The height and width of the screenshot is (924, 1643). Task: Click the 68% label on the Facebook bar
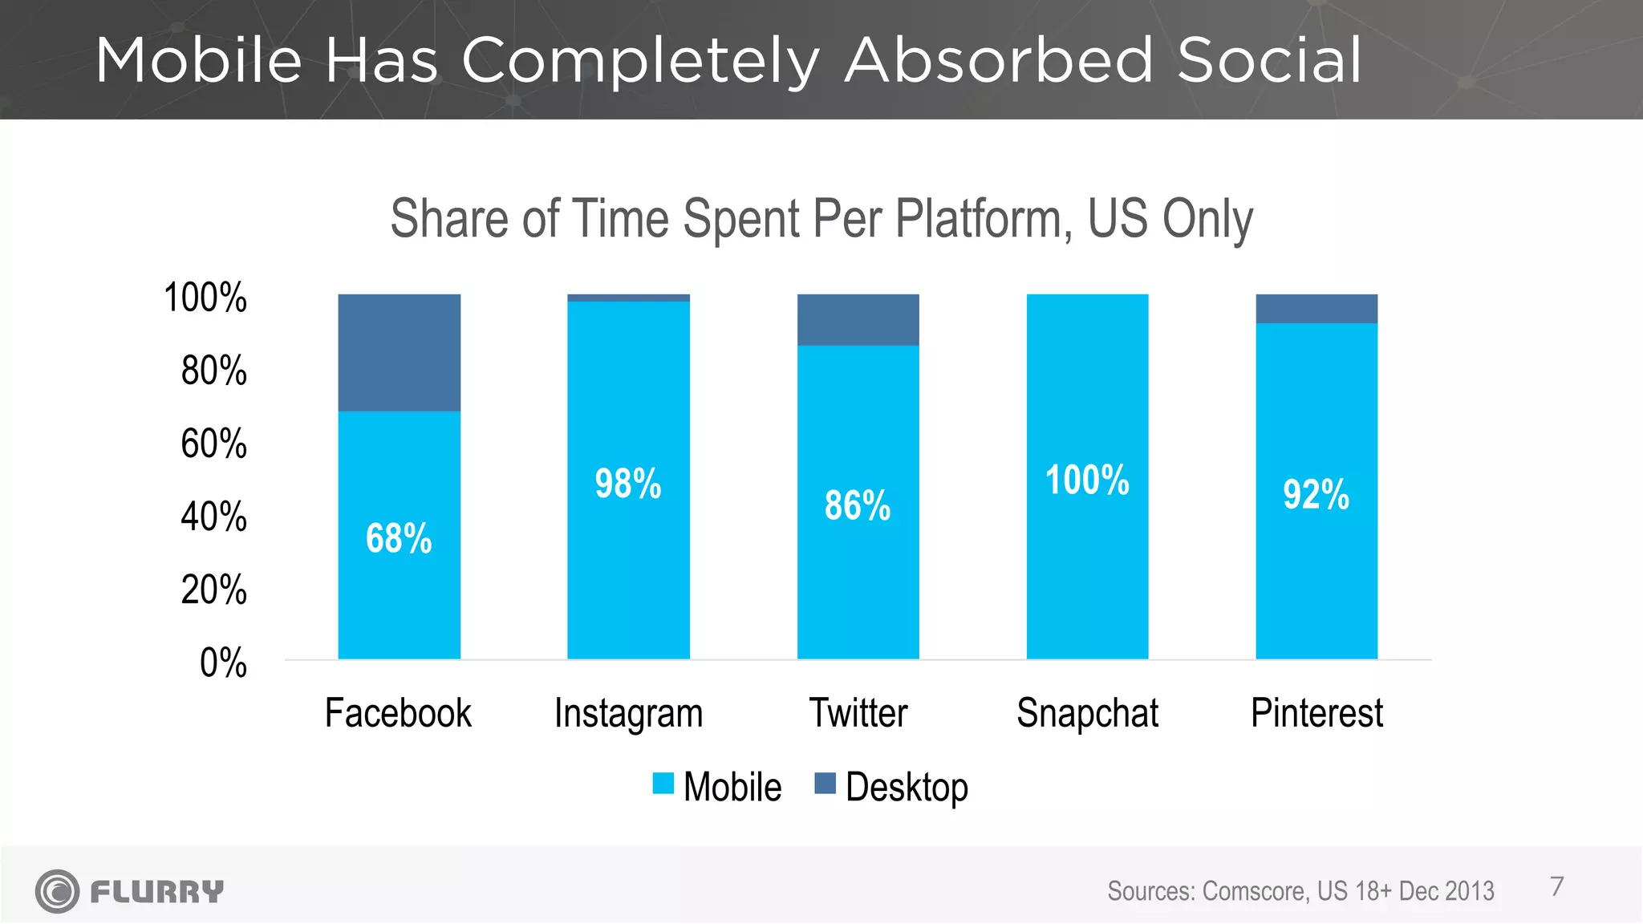pyautogui.click(x=399, y=538)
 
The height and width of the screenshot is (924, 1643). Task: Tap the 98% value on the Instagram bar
pyautogui.click(x=628, y=484)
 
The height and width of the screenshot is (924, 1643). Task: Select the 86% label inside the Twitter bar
pyautogui.click(x=858, y=505)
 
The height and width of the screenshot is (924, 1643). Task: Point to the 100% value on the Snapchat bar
pyautogui.click(x=1087, y=480)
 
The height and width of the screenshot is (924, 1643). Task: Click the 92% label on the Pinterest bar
pyautogui.click(x=1316, y=494)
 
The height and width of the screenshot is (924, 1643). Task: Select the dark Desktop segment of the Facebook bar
pyautogui.click(x=399, y=353)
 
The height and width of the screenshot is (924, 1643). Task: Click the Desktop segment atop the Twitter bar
pyautogui.click(x=858, y=320)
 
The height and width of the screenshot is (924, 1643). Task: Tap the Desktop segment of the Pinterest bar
pyautogui.click(x=1316, y=309)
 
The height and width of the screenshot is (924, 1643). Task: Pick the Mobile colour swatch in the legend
pyautogui.click(x=663, y=784)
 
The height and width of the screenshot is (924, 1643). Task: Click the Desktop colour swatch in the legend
pyautogui.click(x=825, y=784)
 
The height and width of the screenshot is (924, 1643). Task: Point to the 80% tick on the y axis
pyautogui.click(x=213, y=371)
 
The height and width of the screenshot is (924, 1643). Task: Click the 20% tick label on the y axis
pyautogui.click(x=213, y=590)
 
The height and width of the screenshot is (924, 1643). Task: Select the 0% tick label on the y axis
pyautogui.click(x=223, y=663)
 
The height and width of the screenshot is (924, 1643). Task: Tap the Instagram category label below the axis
pyautogui.click(x=628, y=713)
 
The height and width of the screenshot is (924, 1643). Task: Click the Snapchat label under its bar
pyautogui.click(x=1087, y=713)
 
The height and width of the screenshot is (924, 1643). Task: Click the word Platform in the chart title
pyautogui.click(x=983, y=218)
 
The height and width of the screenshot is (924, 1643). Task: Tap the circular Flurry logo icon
pyautogui.click(x=57, y=891)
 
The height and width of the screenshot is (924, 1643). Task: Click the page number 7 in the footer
pyautogui.click(x=1556, y=886)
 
